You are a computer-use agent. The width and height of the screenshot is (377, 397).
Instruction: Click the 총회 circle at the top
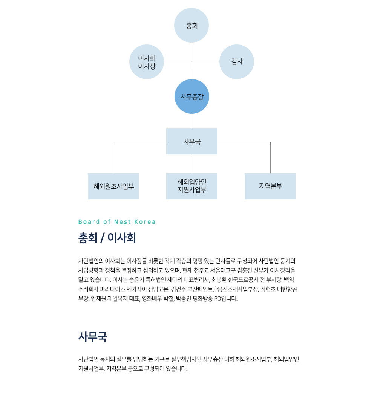point(192,25)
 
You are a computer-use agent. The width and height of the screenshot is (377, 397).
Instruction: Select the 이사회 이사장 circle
point(147,62)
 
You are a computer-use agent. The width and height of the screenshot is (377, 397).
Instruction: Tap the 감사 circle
point(237,62)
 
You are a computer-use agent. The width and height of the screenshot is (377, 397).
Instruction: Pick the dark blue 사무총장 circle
point(192,96)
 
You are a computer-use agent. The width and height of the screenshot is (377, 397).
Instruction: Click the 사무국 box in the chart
point(192,141)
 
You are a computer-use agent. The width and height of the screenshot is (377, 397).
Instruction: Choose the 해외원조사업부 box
point(113,186)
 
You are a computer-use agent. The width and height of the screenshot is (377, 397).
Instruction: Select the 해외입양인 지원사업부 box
point(192,186)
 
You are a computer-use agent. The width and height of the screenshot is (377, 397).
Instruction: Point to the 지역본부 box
point(270,186)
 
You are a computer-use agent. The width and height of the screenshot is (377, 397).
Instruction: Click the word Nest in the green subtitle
point(123,222)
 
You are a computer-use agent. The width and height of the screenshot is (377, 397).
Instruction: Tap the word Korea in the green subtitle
point(145,222)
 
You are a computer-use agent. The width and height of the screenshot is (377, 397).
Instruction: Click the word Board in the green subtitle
point(89,222)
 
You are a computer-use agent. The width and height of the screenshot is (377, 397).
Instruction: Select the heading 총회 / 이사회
point(107,238)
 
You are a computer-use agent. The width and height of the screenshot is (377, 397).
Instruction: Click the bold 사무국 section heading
point(93,337)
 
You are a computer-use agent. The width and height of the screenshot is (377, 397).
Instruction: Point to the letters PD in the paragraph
point(218,299)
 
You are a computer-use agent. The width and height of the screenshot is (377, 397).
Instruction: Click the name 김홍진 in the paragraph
point(245,270)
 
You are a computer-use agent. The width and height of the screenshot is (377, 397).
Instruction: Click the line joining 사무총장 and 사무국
point(192,121)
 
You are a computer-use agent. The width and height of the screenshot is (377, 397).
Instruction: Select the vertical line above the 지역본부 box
point(270,157)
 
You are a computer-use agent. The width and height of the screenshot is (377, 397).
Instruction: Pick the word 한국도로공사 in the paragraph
point(243,280)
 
